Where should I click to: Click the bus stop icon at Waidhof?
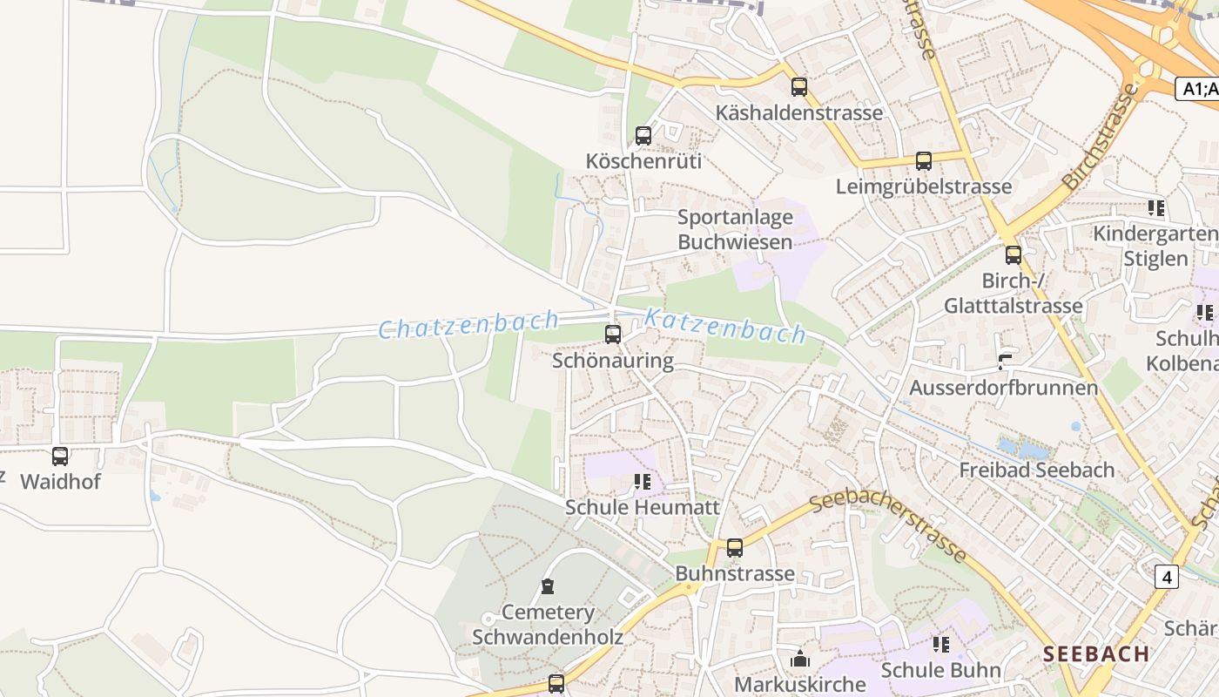[x=60, y=456]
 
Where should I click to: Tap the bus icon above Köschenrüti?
[x=643, y=136]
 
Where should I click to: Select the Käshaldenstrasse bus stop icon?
[x=799, y=87]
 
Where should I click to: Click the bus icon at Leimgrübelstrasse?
[x=924, y=161]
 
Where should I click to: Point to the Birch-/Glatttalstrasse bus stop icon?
[x=1014, y=255]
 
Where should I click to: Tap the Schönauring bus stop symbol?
[x=613, y=335]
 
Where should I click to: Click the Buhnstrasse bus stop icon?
[x=735, y=548]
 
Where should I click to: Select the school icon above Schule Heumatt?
[x=643, y=482]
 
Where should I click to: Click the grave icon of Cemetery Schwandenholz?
[x=548, y=586]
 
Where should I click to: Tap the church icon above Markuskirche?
[x=800, y=659]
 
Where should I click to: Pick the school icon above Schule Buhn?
[x=941, y=645]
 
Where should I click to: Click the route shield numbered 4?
[x=1167, y=577]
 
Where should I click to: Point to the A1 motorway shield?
[x=1196, y=89]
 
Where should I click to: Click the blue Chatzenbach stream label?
[x=468, y=325]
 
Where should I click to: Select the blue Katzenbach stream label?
[x=724, y=327]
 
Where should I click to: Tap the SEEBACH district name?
[x=1096, y=653]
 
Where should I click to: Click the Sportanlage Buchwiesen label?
[x=735, y=229]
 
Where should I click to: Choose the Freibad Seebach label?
[x=1036, y=470]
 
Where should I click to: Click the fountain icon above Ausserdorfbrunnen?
[x=1005, y=362]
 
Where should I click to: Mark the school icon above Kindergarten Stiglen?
[x=1156, y=208]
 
